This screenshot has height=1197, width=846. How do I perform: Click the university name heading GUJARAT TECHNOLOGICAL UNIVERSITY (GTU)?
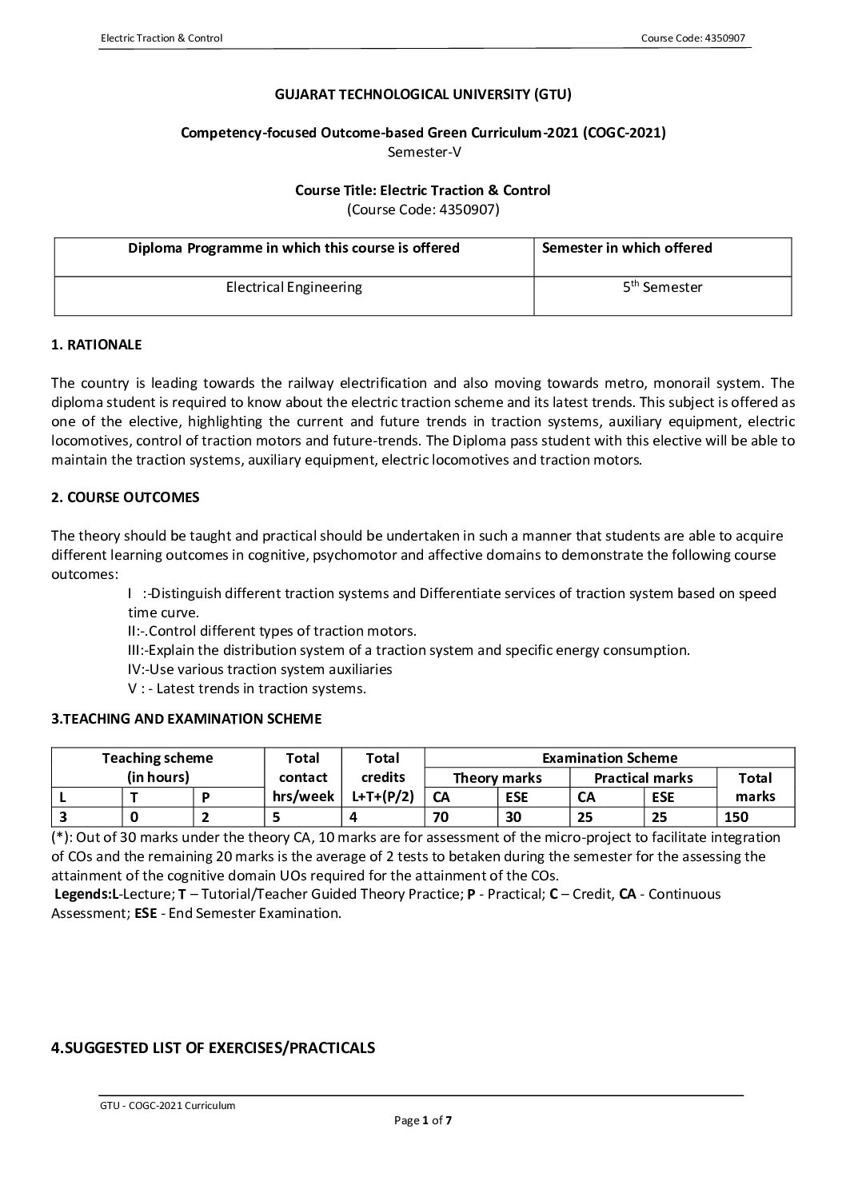pos(423,94)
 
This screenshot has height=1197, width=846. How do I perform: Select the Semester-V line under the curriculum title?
pos(423,151)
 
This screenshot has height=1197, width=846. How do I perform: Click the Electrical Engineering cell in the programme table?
pos(293,287)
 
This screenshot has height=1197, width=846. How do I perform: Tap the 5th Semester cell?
pos(662,287)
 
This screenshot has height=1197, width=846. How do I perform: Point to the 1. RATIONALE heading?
pos(96,345)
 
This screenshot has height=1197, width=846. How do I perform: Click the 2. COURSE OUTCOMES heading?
pos(125,497)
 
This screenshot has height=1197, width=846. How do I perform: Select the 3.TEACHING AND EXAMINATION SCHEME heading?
pos(186,719)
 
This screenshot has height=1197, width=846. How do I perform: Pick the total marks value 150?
pos(736,817)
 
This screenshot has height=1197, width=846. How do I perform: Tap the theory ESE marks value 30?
pos(514,817)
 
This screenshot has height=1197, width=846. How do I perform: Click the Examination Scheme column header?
pos(609,758)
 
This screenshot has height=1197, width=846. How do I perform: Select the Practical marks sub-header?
pos(643,778)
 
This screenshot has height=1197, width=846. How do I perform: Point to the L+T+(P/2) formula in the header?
pos(382,796)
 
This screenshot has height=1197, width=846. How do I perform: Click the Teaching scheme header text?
pos(158,758)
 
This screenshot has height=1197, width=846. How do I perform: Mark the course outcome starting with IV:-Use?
pos(260,669)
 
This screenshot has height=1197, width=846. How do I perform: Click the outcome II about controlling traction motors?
pos(272,631)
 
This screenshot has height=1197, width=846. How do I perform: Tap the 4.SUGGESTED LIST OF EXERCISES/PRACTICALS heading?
pos(213,1047)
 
